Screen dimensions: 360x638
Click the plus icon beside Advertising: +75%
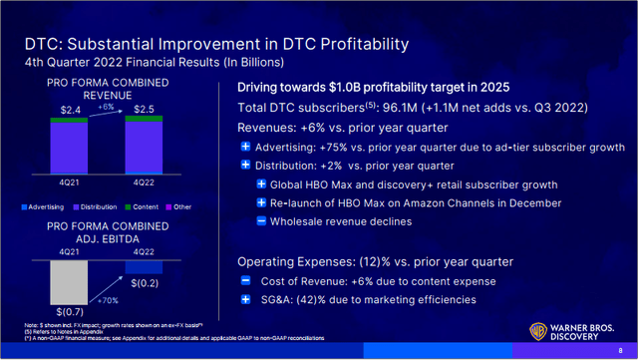247,148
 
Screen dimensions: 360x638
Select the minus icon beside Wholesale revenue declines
261,219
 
